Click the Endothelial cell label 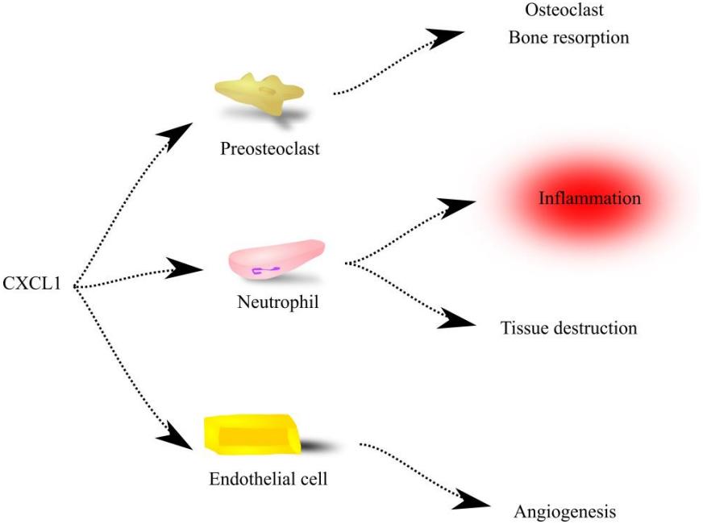tap(268, 479)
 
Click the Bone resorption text tap(568, 37)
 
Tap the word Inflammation tap(590, 198)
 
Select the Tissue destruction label tap(568, 328)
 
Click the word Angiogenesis tap(564, 512)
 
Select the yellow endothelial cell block tap(252, 435)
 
